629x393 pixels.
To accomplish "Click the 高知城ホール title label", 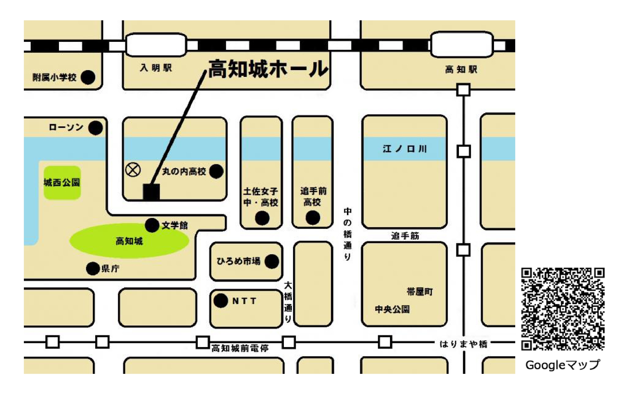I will (268, 69).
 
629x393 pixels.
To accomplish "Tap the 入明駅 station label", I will (156, 68).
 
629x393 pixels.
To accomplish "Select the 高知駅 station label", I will (461, 70).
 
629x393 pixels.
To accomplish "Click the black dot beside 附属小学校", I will (88, 77).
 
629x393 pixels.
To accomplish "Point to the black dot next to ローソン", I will (95, 128).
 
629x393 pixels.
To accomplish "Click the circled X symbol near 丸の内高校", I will (133, 170).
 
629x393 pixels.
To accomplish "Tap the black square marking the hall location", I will (152, 192).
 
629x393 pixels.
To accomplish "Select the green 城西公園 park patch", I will (62, 183).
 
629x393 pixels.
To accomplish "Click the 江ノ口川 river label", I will (405, 149).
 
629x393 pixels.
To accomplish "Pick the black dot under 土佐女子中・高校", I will (262, 218).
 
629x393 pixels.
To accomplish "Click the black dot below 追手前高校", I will (313, 218).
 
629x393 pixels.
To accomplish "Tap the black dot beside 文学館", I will (152, 225).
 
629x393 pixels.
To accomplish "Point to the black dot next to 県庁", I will (93, 268).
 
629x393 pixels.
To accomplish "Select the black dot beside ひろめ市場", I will (271, 261).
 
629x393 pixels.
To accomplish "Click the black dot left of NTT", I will (220, 301).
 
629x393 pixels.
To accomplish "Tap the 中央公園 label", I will (392, 309).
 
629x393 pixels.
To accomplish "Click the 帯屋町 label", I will (420, 292).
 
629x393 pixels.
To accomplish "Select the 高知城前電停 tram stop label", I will (240, 349).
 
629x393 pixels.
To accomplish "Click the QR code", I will (563, 309).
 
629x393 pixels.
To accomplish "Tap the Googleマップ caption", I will (562, 365).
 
